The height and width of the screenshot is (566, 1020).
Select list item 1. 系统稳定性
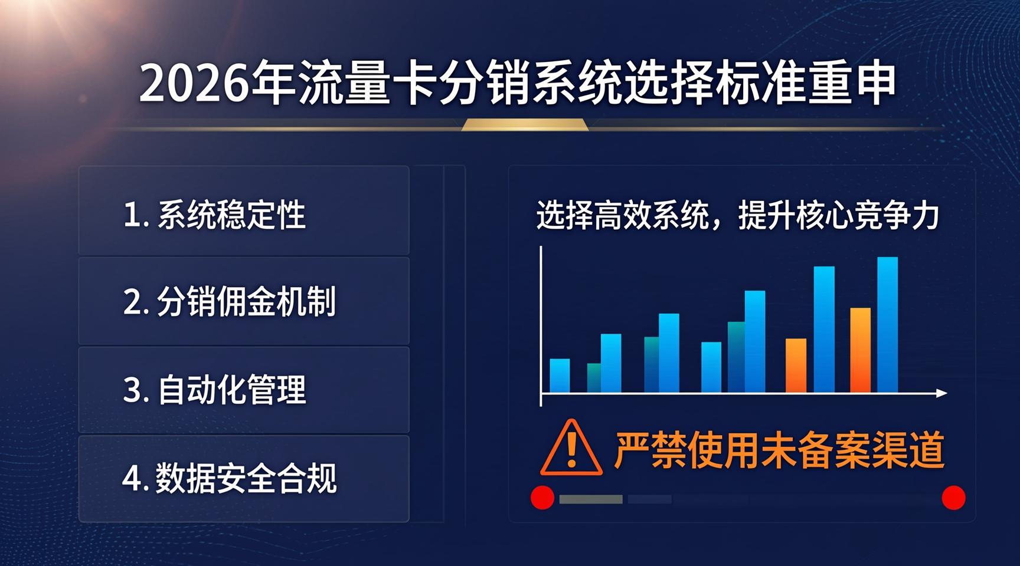pyautogui.click(x=214, y=215)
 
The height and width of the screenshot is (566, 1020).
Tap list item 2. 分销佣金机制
pyautogui.click(x=229, y=301)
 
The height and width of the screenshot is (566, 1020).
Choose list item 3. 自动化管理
pyautogui.click(x=214, y=390)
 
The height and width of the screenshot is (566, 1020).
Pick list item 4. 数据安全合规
pyautogui.click(x=229, y=478)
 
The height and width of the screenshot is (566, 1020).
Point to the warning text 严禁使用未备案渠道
pyautogui.click(x=779, y=450)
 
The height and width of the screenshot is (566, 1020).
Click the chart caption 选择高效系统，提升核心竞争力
pyautogui.click(x=738, y=215)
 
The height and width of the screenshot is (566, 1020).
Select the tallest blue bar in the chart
pyautogui.click(x=887, y=325)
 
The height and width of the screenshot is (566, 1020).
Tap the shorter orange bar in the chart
pyautogui.click(x=796, y=366)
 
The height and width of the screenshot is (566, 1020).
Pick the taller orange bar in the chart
pyautogui.click(x=860, y=350)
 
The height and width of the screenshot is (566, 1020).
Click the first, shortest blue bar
pyautogui.click(x=560, y=376)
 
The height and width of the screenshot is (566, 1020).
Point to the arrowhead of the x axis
pyautogui.click(x=942, y=393)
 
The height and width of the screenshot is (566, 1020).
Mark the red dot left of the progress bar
pyautogui.click(x=542, y=498)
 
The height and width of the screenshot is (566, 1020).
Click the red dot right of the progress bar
pyautogui.click(x=953, y=498)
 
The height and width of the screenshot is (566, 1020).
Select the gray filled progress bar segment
pyautogui.click(x=591, y=499)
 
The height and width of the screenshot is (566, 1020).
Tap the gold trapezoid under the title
pyautogui.click(x=525, y=124)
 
